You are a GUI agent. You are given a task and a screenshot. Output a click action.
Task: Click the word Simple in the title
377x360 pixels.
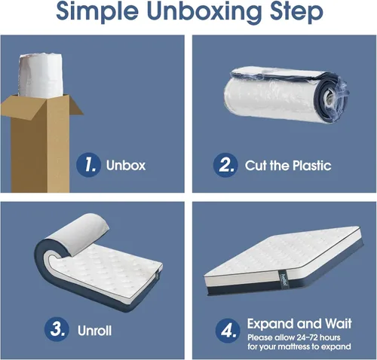[97, 11]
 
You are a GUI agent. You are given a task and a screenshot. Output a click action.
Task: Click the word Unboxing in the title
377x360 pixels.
[204, 11]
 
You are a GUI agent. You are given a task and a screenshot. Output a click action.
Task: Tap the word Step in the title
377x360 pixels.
[296, 11]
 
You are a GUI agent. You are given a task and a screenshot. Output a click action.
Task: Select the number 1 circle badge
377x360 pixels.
[88, 165]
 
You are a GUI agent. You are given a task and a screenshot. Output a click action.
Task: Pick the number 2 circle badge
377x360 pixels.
[225, 165]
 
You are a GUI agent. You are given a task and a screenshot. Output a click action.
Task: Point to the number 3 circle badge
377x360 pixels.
[57, 329]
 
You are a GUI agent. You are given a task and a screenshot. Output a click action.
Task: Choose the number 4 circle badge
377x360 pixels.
[228, 331]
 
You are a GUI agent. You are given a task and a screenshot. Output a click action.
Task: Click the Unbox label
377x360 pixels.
[126, 166]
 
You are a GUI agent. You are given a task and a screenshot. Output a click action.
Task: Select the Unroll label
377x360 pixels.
[94, 331]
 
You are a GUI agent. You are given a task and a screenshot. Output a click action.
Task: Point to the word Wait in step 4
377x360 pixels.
[338, 323]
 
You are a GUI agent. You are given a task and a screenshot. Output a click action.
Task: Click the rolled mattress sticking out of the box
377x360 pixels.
[40, 75]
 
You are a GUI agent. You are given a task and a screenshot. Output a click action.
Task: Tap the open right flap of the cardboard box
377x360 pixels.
[75, 106]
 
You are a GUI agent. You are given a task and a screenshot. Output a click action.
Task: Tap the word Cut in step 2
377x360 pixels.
[256, 166]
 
